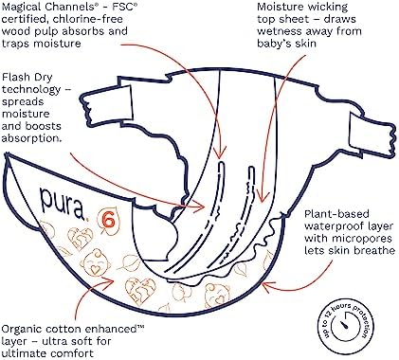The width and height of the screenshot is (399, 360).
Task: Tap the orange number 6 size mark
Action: pos(109,220)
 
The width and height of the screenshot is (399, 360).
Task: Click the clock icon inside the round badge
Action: pos(346,326)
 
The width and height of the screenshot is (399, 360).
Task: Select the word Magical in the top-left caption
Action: pos(22,7)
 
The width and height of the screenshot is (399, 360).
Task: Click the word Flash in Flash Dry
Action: pos(15,77)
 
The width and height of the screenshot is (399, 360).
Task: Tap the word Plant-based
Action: pos(336,214)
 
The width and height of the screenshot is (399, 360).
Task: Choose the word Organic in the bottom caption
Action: pos(22,330)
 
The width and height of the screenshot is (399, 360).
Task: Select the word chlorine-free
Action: pos(88,19)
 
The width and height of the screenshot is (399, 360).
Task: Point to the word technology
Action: pos(31,90)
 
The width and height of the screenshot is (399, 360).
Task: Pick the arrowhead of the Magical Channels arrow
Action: pos(220,153)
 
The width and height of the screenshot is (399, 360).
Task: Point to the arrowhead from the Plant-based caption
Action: pos(267,286)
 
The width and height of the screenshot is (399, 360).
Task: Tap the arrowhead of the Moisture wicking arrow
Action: pos(262,197)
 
